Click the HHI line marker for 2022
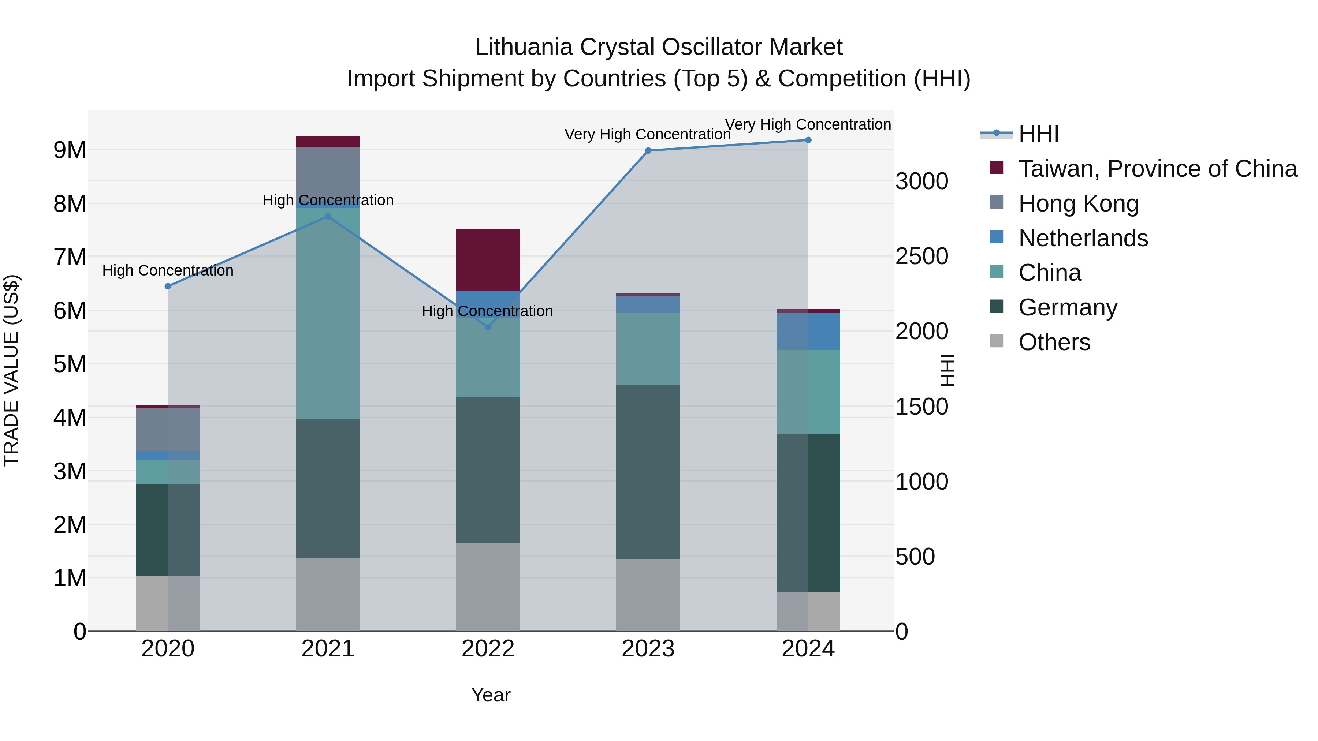click(488, 327)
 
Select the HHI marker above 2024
click(808, 140)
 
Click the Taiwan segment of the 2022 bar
click(488, 260)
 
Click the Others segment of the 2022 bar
click(488, 587)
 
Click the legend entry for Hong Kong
click(1078, 203)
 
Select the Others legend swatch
click(997, 341)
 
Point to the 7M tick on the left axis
click(70, 257)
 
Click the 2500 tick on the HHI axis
click(922, 256)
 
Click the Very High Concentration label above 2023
click(647, 135)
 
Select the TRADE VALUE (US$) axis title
click(11, 370)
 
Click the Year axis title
click(490, 695)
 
